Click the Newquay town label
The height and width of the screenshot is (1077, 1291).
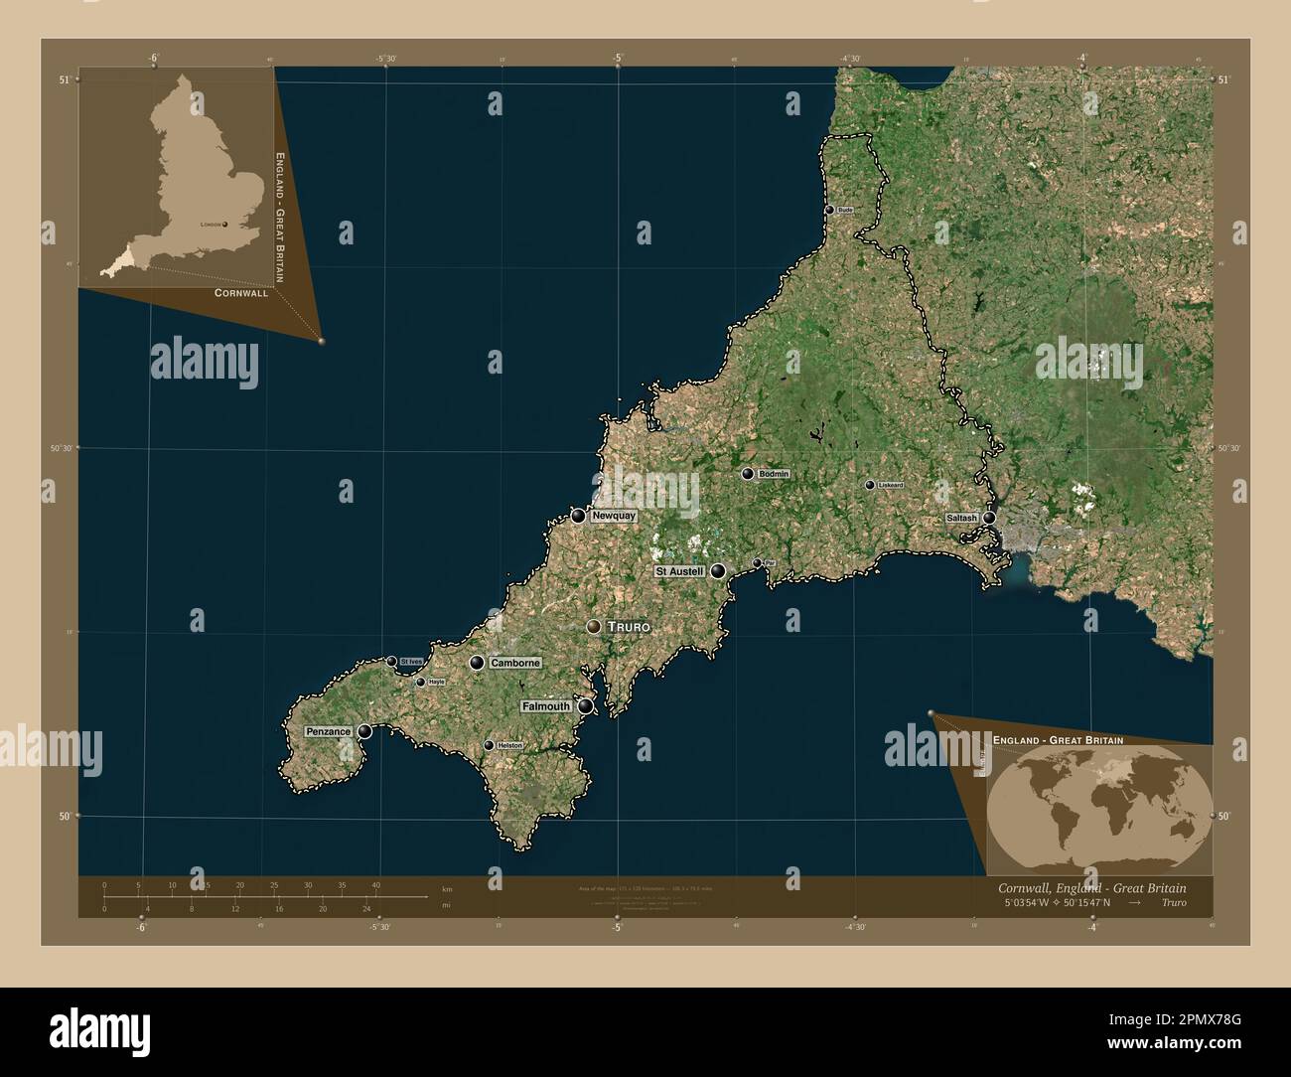point(613,517)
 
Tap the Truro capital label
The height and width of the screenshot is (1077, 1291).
point(628,627)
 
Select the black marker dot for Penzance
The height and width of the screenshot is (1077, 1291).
point(365,731)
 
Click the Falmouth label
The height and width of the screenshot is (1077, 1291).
point(547,706)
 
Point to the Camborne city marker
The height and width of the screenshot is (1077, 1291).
point(477,663)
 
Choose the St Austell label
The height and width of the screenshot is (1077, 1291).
point(679,572)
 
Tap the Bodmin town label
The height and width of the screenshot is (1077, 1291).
point(774,474)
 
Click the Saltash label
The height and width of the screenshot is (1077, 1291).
point(961,518)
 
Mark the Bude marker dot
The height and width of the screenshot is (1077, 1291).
point(830,211)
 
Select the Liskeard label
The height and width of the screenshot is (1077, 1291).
point(891,485)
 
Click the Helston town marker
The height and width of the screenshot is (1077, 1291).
point(489,745)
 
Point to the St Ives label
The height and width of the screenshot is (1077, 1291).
point(411,661)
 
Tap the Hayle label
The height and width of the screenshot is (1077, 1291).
point(437,683)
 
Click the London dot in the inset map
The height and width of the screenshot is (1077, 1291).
point(225,225)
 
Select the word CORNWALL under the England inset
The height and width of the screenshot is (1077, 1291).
point(241,294)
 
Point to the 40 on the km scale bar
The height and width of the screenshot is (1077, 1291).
point(375,884)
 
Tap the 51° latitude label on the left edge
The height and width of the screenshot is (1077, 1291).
point(65,79)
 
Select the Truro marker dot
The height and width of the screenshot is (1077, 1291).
point(594,627)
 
